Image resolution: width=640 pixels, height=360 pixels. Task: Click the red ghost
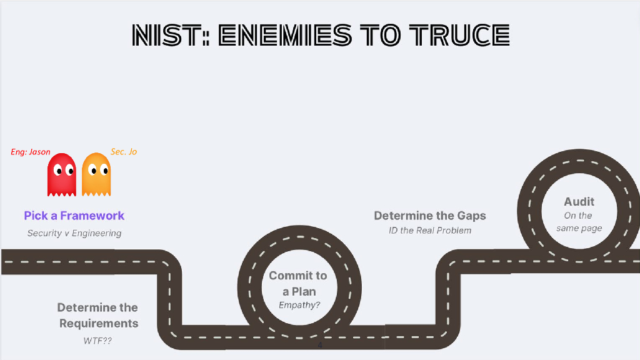pyautogui.click(x=61, y=174)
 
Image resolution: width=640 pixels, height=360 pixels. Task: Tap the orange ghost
pyautogui.click(x=96, y=174)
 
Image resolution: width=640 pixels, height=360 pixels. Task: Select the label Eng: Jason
pyautogui.click(x=31, y=152)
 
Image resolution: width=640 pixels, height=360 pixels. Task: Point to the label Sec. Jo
pyautogui.click(x=124, y=152)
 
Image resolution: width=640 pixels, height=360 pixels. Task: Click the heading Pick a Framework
pyautogui.click(x=74, y=216)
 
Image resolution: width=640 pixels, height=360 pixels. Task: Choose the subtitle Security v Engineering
pyautogui.click(x=74, y=233)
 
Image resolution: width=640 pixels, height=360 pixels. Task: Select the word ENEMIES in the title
pyautogui.click(x=285, y=36)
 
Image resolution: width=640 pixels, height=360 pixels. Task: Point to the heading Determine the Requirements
pyautogui.click(x=98, y=316)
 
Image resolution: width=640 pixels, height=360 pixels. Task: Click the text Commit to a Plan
pyautogui.click(x=298, y=283)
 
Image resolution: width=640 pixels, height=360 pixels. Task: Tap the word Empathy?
pyautogui.click(x=299, y=306)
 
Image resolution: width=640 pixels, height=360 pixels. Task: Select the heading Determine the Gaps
pyautogui.click(x=430, y=216)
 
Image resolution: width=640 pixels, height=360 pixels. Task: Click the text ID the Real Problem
pyautogui.click(x=430, y=231)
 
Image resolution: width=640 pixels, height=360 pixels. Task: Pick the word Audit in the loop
pyautogui.click(x=579, y=201)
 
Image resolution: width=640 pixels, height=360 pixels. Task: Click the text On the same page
pyautogui.click(x=579, y=222)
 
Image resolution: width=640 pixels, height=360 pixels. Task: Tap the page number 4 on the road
pyautogui.click(x=320, y=345)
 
